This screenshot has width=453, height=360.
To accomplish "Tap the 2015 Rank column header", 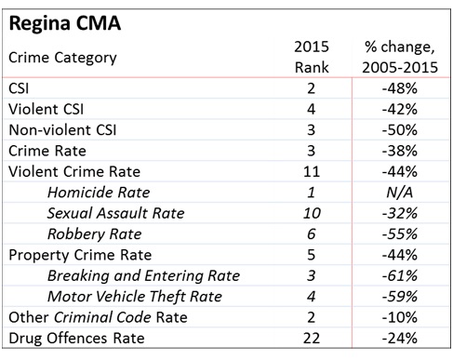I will (x=306, y=57).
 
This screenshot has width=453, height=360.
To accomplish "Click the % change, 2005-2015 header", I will (x=400, y=57).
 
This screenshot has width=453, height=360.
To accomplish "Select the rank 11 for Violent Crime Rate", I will (x=306, y=174).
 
